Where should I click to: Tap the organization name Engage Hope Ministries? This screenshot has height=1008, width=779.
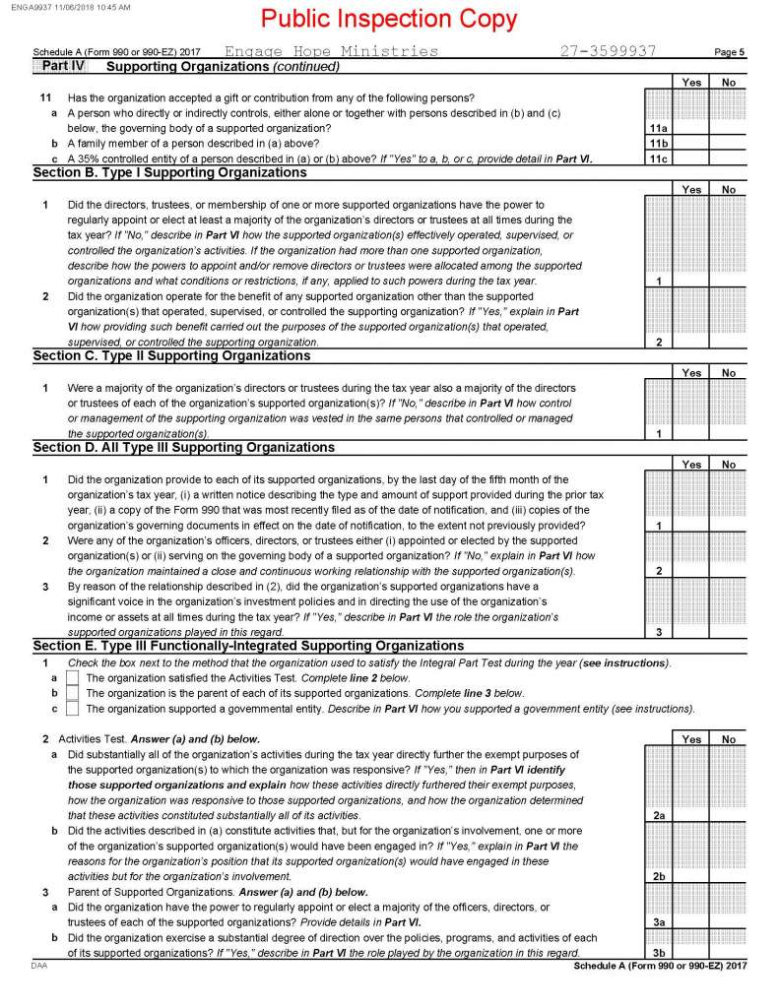tap(331, 51)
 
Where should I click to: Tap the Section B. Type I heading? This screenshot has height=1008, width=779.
tap(169, 172)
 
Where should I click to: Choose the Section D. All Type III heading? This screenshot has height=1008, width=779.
tap(183, 447)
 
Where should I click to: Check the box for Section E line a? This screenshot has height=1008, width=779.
tap(72, 678)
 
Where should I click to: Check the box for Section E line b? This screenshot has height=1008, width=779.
tap(72, 693)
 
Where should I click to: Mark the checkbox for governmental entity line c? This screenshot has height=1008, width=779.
tap(72, 709)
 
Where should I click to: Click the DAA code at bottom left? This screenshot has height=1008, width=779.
tap(41, 967)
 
